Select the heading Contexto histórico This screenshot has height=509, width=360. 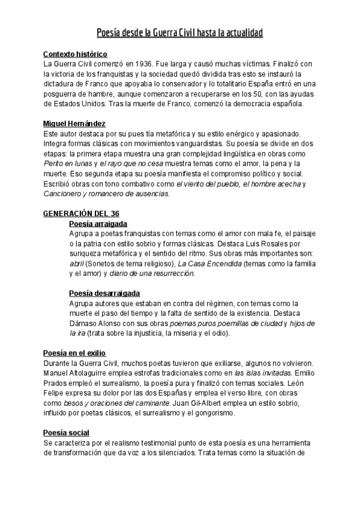point(75,54)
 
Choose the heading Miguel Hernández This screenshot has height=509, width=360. point(74,123)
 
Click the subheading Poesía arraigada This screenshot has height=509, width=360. point(98,224)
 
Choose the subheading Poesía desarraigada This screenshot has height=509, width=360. point(104,294)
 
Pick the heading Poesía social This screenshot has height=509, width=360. point(66,433)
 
